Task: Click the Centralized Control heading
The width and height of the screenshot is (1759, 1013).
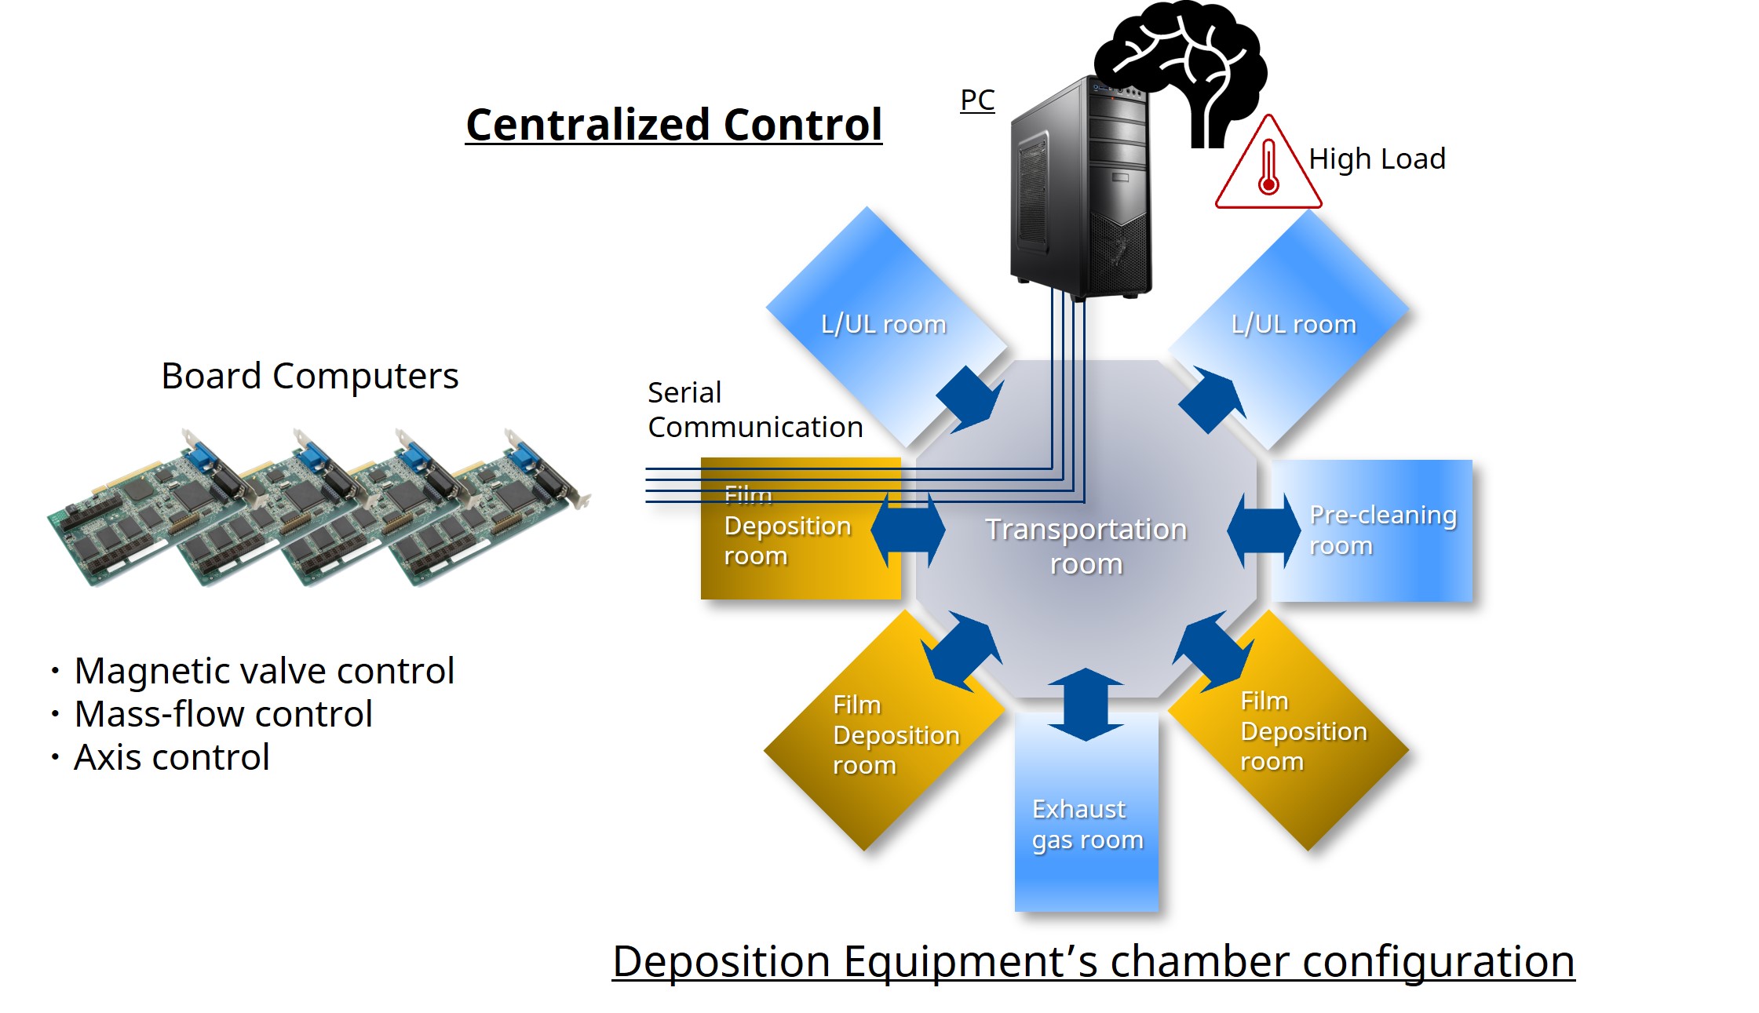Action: [673, 125]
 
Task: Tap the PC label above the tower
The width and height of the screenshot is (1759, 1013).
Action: [977, 100]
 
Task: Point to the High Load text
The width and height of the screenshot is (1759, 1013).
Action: [1377, 159]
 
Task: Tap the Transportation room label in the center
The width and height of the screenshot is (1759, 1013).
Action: [1086, 546]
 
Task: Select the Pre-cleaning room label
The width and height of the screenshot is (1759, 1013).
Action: [1381, 530]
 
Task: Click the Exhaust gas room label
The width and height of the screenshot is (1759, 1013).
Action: [1086, 824]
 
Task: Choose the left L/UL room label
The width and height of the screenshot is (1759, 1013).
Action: [883, 324]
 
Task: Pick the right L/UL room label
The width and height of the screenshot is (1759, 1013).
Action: [1293, 324]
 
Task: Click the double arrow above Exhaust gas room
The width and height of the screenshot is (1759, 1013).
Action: [1086, 704]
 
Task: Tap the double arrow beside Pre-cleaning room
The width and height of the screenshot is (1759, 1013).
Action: [1263, 530]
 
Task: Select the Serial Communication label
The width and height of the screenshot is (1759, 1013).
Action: [754, 410]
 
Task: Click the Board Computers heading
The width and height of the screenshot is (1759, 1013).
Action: [309, 376]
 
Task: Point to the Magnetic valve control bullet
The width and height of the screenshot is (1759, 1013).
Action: [264, 671]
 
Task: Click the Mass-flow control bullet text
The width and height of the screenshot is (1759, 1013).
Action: [223, 714]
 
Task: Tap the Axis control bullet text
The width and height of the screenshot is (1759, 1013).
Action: [171, 757]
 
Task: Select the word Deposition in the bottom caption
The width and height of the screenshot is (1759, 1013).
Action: [721, 961]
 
